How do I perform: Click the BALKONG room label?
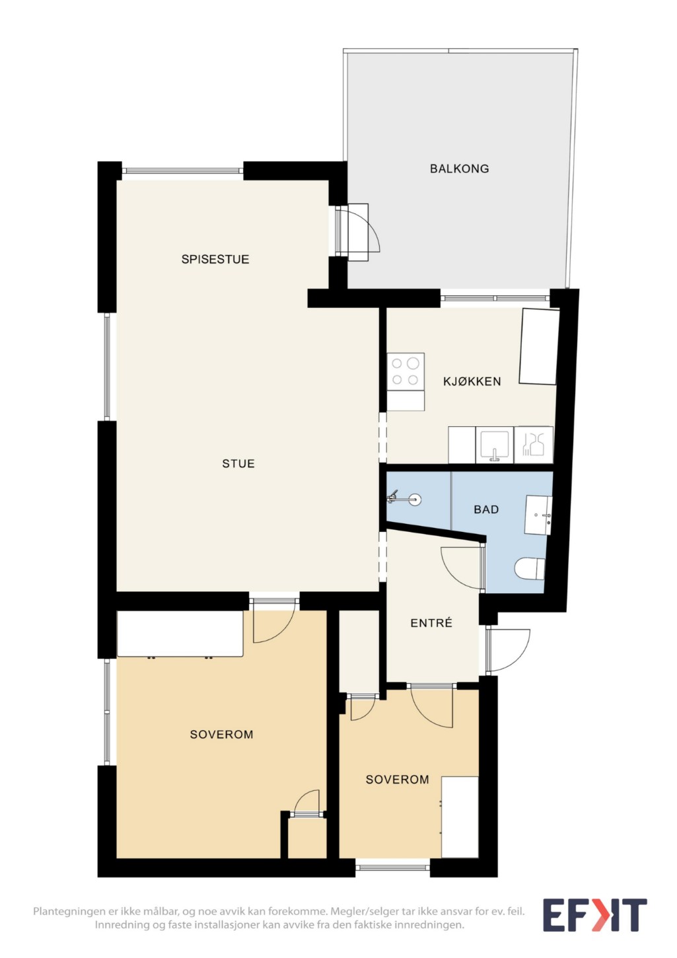pyautogui.click(x=459, y=168)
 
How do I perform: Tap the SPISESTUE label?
pyautogui.click(x=215, y=259)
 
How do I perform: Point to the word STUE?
pyautogui.click(x=238, y=464)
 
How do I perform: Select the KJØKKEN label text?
pyautogui.click(x=472, y=381)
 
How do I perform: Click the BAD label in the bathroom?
pyautogui.click(x=486, y=509)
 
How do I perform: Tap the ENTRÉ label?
pyautogui.click(x=431, y=622)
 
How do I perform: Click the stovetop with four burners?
pyautogui.click(x=406, y=371)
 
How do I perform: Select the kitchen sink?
pyautogui.click(x=495, y=445)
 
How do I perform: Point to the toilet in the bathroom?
pyautogui.click(x=530, y=569)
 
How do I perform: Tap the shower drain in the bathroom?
pyautogui.click(x=414, y=499)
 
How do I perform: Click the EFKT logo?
pyautogui.click(x=594, y=915)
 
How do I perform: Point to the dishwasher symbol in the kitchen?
pyautogui.click(x=533, y=445)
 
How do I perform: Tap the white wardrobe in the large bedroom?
pyautogui.click(x=180, y=634)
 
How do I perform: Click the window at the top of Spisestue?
pyautogui.click(x=183, y=170)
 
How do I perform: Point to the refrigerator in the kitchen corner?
pyautogui.click(x=539, y=346)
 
